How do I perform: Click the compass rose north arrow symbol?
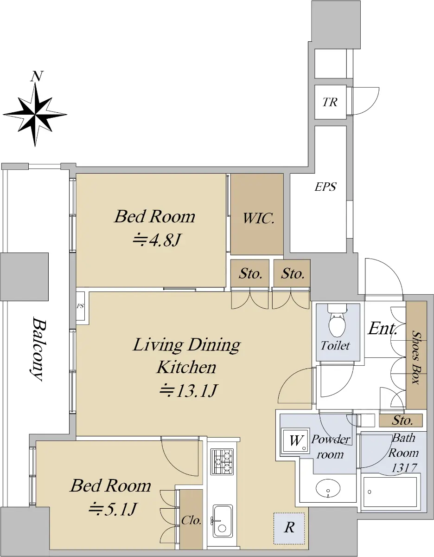click(35, 110)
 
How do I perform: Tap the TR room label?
click(330, 102)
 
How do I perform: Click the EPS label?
click(325, 187)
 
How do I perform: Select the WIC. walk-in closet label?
click(258, 219)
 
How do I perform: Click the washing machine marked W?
click(295, 441)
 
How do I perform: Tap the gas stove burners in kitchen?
click(222, 461)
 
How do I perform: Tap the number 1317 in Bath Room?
click(404, 468)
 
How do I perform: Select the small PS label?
click(80, 306)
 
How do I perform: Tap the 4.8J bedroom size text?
click(157, 240)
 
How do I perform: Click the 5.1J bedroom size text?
click(113, 509)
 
